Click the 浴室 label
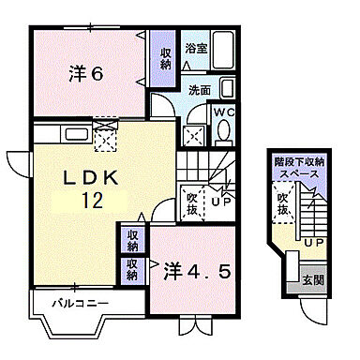[x=196, y=47]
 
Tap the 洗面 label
[x=200, y=91]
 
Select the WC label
[x=224, y=112]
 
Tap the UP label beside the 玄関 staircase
[x=314, y=244]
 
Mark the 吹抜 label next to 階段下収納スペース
[x=281, y=204]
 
